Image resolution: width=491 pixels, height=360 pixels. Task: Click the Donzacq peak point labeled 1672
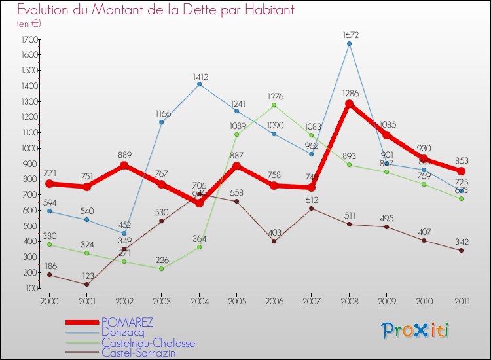[x=349, y=44]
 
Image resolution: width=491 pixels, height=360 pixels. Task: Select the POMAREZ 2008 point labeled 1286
[x=349, y=103]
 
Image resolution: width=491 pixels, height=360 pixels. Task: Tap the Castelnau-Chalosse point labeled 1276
[x=274, y=105]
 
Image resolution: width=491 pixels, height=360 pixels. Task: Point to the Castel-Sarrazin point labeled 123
[x=86, y=284]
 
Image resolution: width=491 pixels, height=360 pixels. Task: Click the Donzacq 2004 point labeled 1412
[x=199, y=84]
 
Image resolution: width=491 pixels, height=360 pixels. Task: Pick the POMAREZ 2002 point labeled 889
[x=124, y=165]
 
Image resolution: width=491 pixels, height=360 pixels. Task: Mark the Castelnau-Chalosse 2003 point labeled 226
[x=162, y=268]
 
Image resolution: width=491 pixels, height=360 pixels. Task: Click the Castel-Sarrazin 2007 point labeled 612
[x=312, y=208]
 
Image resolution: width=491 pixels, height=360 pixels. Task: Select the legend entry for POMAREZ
[x=127, y=322]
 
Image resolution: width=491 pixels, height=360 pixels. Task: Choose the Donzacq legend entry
[x=122, y=333]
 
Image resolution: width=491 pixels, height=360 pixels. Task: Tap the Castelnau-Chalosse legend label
[x=148, y=343]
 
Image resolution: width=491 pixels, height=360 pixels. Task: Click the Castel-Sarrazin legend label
[x=138, y=353]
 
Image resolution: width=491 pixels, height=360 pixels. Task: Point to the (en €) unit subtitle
[x=29, y=24]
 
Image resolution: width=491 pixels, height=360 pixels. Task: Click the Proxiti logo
[x=416, y=331]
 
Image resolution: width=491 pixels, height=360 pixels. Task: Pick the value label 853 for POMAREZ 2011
[x=461, y=161]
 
